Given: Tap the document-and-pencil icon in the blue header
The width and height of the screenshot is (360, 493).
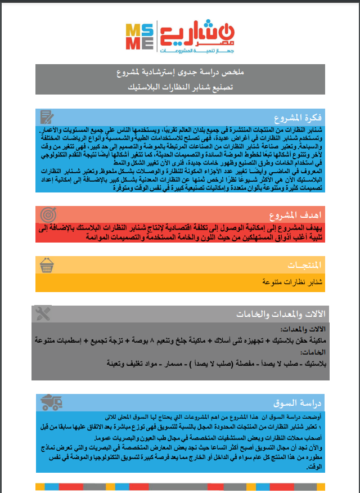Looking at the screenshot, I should coord(47,117).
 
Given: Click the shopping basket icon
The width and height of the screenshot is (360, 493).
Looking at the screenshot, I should coord(47,265).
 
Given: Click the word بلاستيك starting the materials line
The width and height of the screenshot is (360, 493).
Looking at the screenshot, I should coord(313,364).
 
